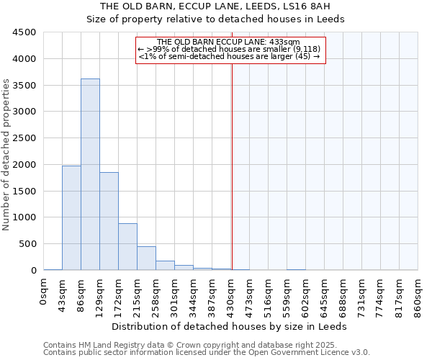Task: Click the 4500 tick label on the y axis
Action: pos(24,32)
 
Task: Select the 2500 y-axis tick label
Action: pos(24,138)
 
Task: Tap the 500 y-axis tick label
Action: pos(27,244)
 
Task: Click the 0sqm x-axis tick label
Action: pos(44,291)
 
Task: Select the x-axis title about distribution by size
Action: pos(230,326)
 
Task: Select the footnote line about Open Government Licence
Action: pos(207,353)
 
